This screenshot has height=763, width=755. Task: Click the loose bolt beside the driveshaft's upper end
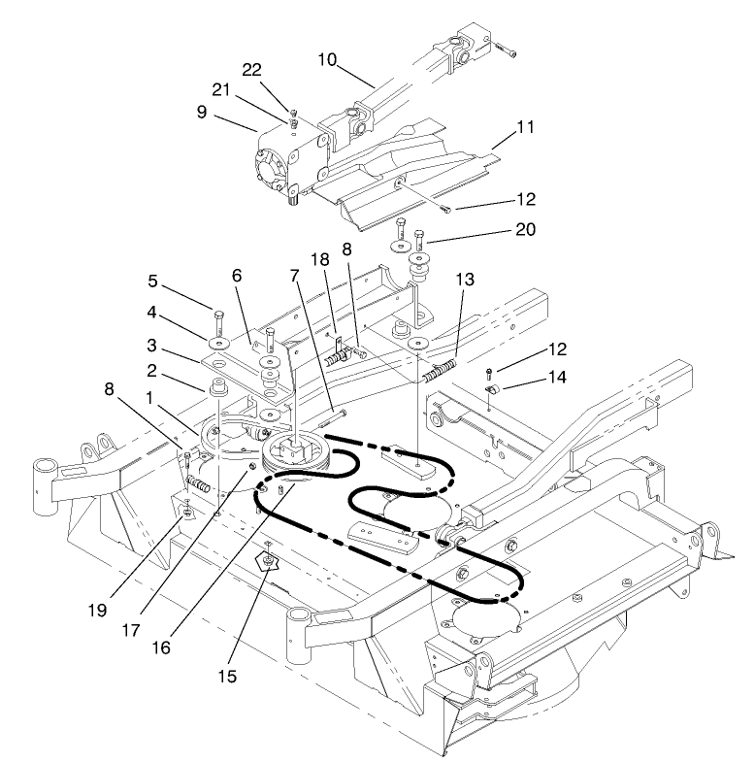pyautogui.click(x=504, y=46)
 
